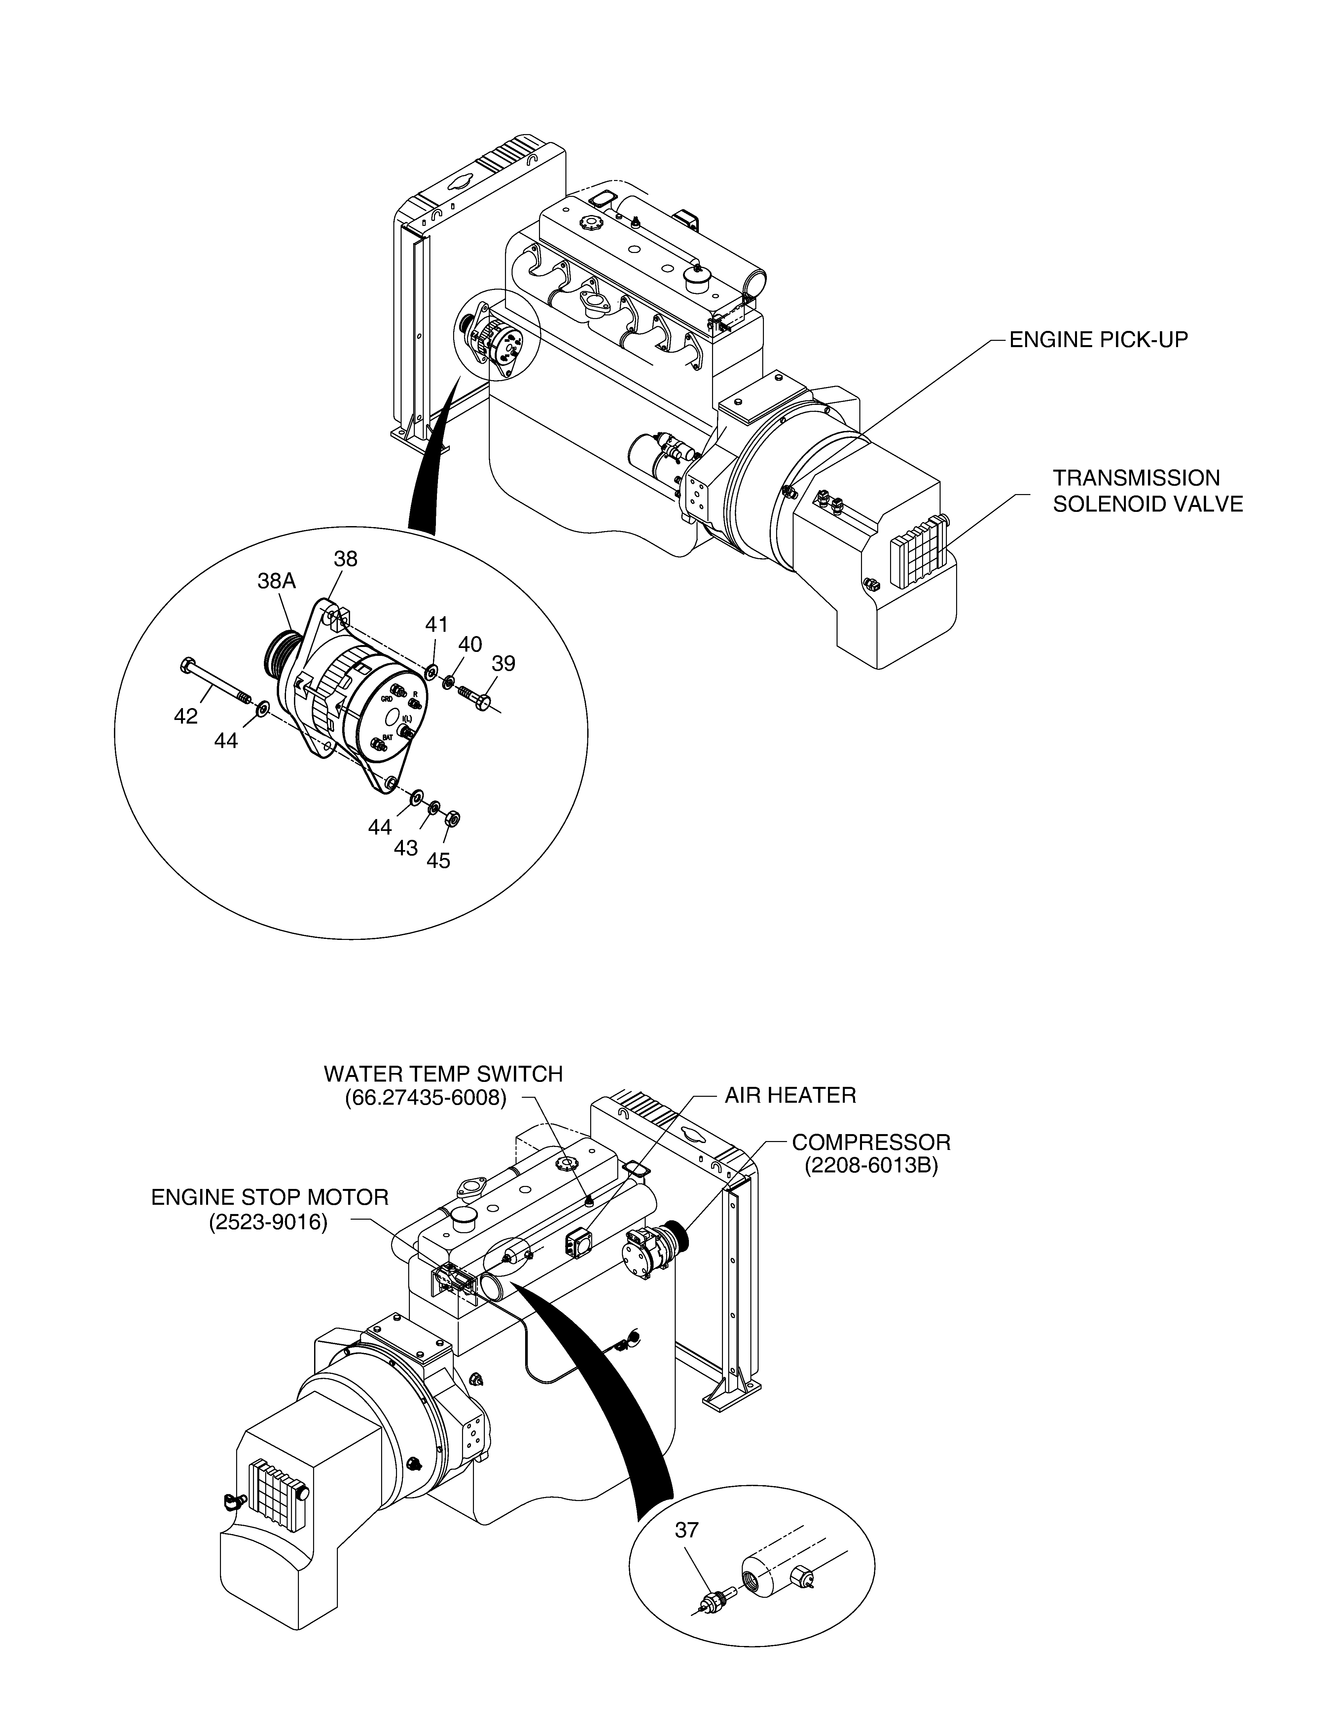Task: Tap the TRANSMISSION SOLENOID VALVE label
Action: click(x=1148, y=490)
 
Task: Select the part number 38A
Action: click(x=277, y=581)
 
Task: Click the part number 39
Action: click(x=503, y=663)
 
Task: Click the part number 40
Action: click(x=470, y=644)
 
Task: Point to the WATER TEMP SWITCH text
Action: click(x=444, y=1074)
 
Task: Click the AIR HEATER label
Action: click(x=790, y=1095)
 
